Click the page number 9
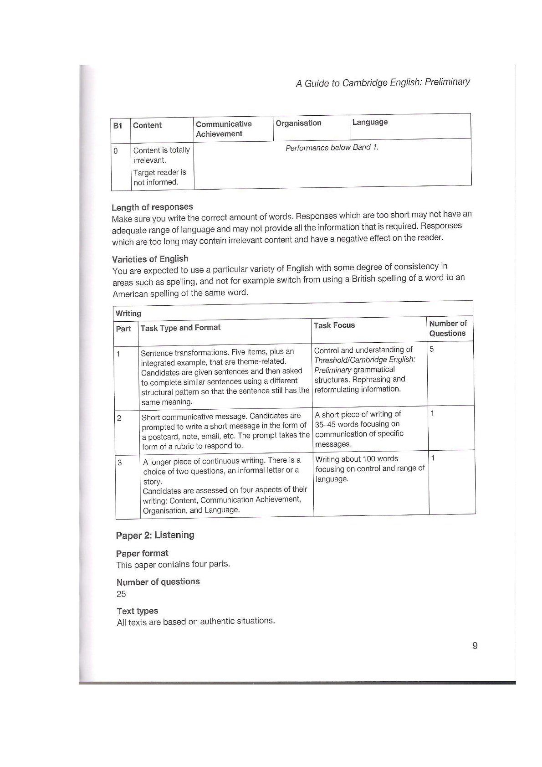[475, 646]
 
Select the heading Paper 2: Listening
[155, 535]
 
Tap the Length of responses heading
[152, 207]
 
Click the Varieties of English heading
[150, 259]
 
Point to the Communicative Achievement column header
[223, 129]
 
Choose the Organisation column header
[298, 123]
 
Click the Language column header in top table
[370, 122]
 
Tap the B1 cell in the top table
[118, 125]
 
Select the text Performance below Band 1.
[332, 148]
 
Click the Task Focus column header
[334, 325]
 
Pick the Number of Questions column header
[448, 328]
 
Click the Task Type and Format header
[180, 328]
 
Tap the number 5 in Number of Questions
[432, 349]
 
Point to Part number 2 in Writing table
[119, 417]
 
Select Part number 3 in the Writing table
[120, 463]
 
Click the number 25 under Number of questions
[121, 594]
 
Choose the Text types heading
[137, 611]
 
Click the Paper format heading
[142, 553]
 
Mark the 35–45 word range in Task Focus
[327, 424]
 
